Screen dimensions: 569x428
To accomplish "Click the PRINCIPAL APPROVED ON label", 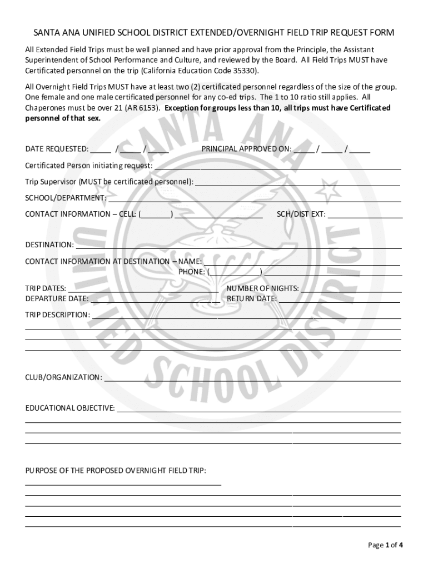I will [x=246, y=149].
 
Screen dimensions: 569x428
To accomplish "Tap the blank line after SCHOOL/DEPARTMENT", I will [x=254, y=199].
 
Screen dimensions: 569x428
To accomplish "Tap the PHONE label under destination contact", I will [x=192, y=272].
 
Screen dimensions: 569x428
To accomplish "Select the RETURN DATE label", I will [x=252, y=299].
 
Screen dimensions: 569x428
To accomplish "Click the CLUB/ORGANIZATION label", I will [x=63, y=378].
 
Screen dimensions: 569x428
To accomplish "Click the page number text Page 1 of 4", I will [x=385, y=545].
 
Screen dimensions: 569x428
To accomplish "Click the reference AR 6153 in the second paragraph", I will [x=143, y=108].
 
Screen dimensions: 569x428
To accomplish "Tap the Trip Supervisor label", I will [x=109, y=182].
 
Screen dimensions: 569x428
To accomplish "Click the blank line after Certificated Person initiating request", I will [x=277, y=167].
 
